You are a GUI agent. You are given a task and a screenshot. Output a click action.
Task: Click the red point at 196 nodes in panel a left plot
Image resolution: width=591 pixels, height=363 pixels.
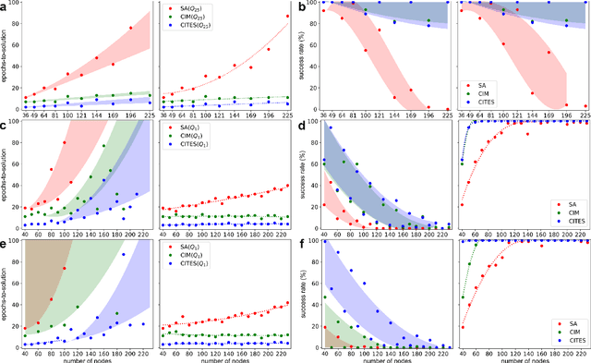point(130,29)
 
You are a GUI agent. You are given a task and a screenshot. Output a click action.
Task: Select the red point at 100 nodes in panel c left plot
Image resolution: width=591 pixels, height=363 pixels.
point(64,142)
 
